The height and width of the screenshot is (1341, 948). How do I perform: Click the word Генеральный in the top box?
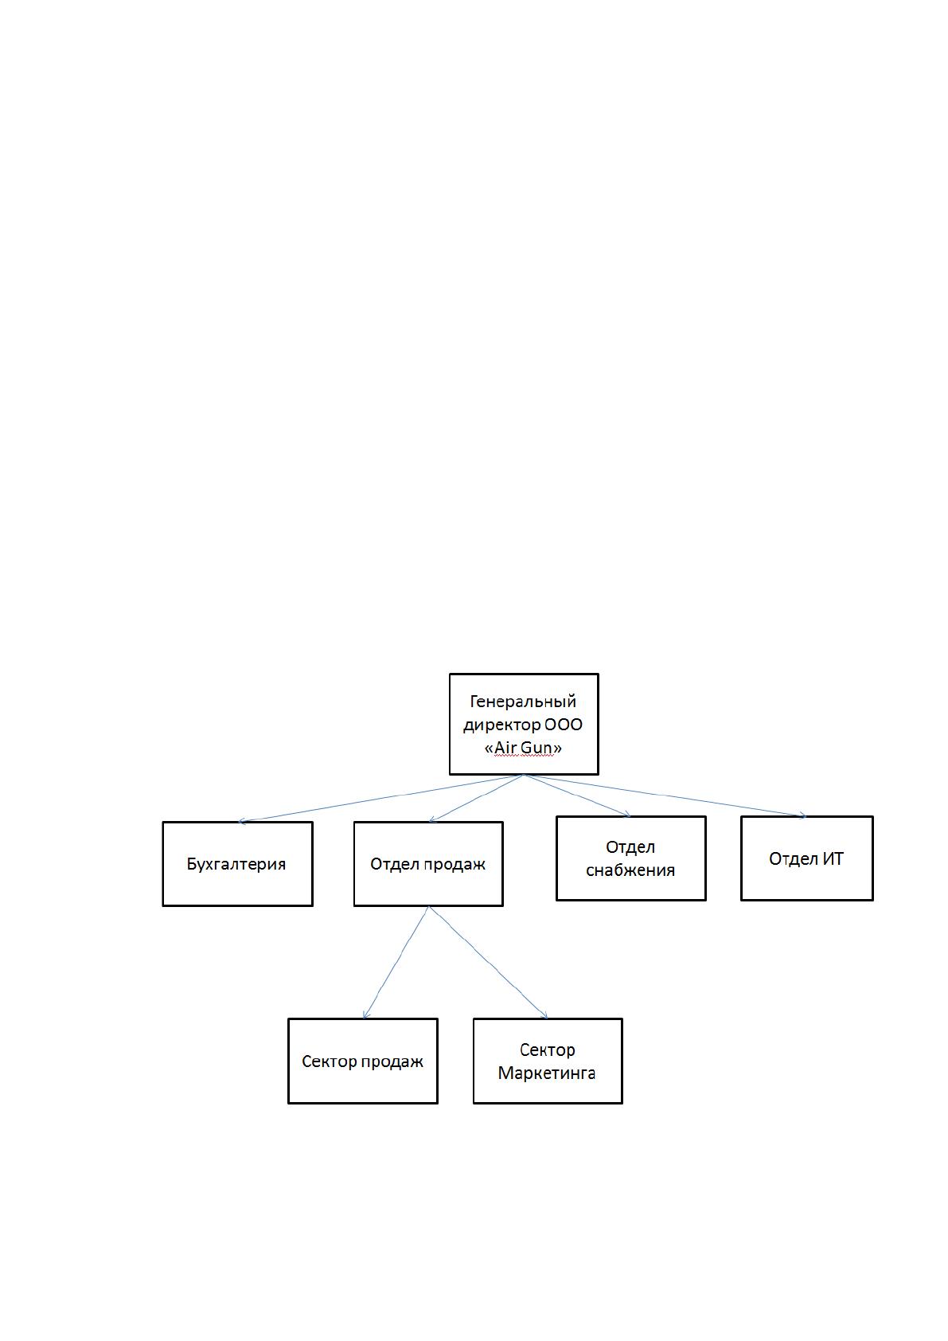522,701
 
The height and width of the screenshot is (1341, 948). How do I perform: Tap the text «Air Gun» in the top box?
523,748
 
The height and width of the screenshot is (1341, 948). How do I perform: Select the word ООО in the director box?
563,725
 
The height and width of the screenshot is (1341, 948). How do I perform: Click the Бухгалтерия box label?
236,865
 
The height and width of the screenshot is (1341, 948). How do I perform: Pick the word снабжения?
630,870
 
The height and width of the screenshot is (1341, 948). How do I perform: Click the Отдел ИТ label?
806,859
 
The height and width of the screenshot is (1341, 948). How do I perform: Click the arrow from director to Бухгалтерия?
381,798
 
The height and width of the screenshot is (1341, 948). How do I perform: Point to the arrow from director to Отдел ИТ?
665,796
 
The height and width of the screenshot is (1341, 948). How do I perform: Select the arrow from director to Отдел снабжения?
578,796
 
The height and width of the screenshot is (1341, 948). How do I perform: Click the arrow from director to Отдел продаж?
477,798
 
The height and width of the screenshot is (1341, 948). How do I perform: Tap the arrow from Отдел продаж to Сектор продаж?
396,963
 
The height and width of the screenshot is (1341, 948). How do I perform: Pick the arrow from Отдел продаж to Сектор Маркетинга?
489,963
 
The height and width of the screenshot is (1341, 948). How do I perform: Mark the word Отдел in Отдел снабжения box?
630,847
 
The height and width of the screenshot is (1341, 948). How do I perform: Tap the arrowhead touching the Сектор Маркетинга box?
544,1015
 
